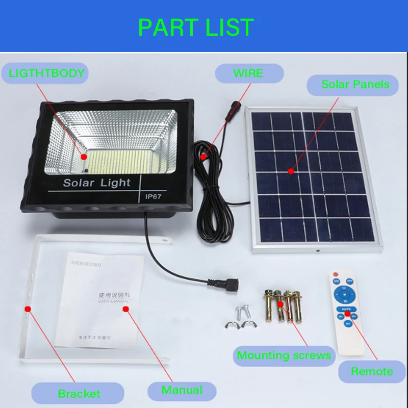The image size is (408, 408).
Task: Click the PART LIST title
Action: pos(196,28)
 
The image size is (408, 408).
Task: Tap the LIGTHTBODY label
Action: pos(46,73)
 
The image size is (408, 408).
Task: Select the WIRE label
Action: pos(248,73)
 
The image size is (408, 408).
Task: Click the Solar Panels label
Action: pos(355,84)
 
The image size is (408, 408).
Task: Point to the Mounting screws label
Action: pos(284,355)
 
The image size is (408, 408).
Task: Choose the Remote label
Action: pos(372,371)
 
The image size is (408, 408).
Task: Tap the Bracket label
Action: pos(79,393)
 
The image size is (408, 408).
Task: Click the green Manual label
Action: pos(182,390)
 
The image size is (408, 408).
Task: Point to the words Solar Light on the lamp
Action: pos(97,183)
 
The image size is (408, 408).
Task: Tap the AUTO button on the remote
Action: pos(347,309)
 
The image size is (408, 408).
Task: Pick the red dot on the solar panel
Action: pos(291,171)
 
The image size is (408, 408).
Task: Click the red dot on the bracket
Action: pos(28,309)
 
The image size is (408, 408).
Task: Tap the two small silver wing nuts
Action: pos(240,323)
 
